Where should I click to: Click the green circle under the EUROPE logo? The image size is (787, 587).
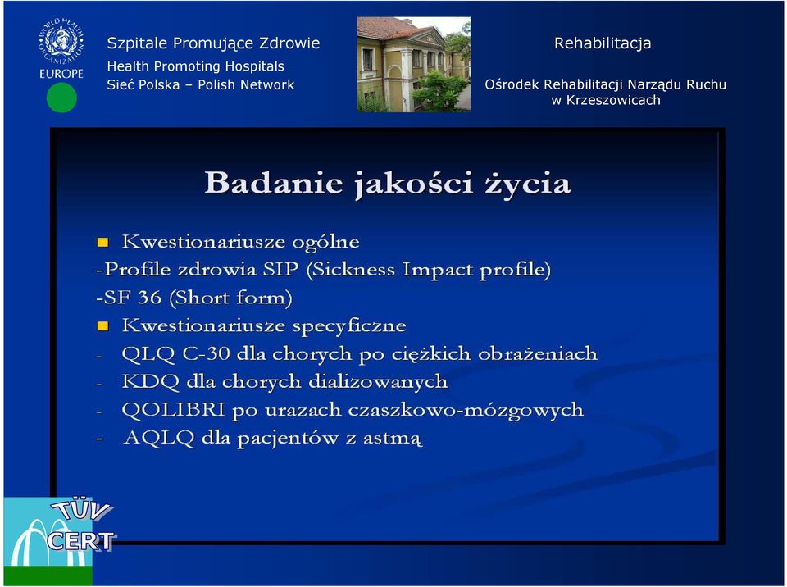61,98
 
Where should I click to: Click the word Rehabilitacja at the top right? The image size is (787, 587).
603,43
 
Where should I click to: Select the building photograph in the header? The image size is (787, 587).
413,64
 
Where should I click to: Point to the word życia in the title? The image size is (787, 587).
527,184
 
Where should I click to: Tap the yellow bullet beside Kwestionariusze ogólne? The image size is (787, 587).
102,243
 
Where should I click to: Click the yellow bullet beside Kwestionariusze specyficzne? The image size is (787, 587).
102,326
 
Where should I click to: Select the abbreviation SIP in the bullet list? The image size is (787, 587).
280,270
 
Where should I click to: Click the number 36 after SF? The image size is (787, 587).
149,298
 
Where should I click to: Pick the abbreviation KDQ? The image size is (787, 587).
151,382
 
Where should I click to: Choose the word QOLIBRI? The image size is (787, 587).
173,410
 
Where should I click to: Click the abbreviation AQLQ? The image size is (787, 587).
158,438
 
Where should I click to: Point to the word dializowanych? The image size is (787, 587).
378,381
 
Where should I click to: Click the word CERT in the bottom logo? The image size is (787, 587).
81,541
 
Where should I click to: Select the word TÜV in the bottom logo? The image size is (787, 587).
83,510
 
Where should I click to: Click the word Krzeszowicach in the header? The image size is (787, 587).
613,100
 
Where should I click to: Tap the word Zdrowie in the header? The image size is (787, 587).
289,43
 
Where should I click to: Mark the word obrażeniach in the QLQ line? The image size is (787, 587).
538,354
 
